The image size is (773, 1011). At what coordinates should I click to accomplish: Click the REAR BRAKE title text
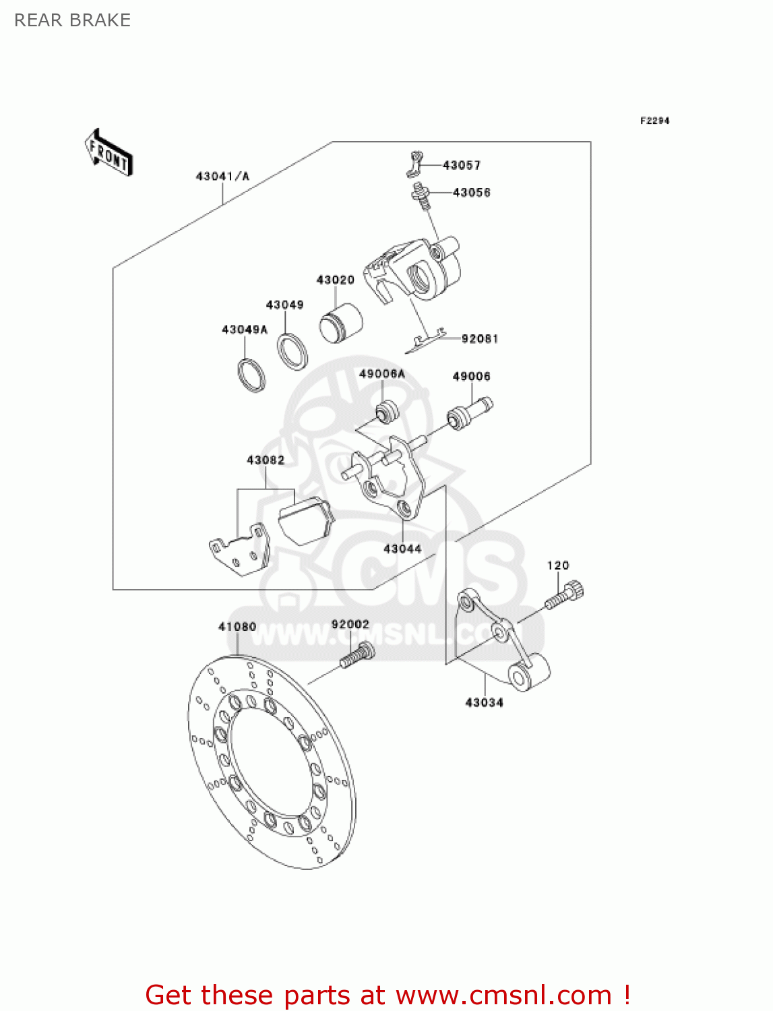pyautogui.click(x=72, y=20)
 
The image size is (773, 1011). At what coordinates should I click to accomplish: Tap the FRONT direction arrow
pyautogui.click(x=109, y=153)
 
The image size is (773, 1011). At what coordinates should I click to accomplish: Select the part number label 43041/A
pyautogui.click(x=222, y=177)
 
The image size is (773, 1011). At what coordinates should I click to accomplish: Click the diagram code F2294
pyautogui.click(x=654, y=121)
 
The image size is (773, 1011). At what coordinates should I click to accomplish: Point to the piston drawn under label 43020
pyautogui.click(x=340, y=324)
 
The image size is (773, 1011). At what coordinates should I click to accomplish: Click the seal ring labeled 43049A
pyautogui.click(x=251, y=375)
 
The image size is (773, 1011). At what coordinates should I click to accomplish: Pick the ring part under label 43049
pyautogui.click(x=292, y=351)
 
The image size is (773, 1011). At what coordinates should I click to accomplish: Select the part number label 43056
pyautogui.click(x=471, y=193)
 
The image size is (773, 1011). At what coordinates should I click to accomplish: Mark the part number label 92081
pyautogui.click(x=479, y=338)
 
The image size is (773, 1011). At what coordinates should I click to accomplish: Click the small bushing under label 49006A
pyautogui.click(x=388, y=411)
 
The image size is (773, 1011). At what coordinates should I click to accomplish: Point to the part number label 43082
pyautogui.click(x=266, y=460)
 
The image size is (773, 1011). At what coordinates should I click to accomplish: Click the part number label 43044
pyautogui.click(x=402, y=549)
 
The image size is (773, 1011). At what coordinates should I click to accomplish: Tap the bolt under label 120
pyautogui.click(x=564, y=595)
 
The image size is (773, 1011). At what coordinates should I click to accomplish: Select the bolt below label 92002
pyautogui.click(x=356, y=654)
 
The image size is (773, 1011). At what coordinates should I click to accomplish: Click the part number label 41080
pyautogui.click(x=237, y=627)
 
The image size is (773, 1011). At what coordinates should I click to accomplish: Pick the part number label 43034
pyautogui.click(x=484, y=702)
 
